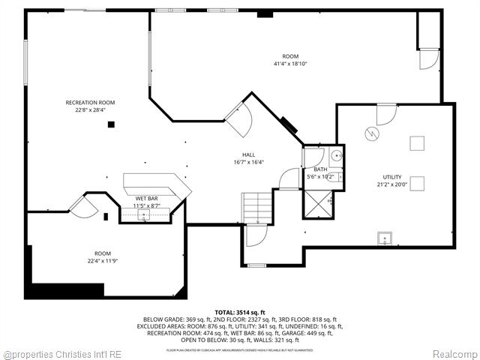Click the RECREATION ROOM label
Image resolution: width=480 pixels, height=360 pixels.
[90, 102]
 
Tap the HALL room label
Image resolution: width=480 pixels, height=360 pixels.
[248, 154]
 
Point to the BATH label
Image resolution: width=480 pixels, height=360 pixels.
[320, 169]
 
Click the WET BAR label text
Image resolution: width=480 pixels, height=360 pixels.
[146, 198]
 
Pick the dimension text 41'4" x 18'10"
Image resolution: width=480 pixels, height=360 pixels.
[289, 64]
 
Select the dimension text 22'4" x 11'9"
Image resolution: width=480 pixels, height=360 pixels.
[103, 261]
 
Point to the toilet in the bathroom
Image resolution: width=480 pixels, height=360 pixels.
[337, 177]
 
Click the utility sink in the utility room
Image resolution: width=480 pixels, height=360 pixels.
[385, 239]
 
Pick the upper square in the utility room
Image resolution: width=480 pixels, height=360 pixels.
[416, 142]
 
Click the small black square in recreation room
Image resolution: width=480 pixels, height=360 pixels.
[111, 124]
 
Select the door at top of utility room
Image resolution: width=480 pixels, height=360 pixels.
[385, 114]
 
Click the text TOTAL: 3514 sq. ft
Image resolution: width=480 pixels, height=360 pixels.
[240, 311]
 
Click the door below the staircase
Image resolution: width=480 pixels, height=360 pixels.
[256, 238]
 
